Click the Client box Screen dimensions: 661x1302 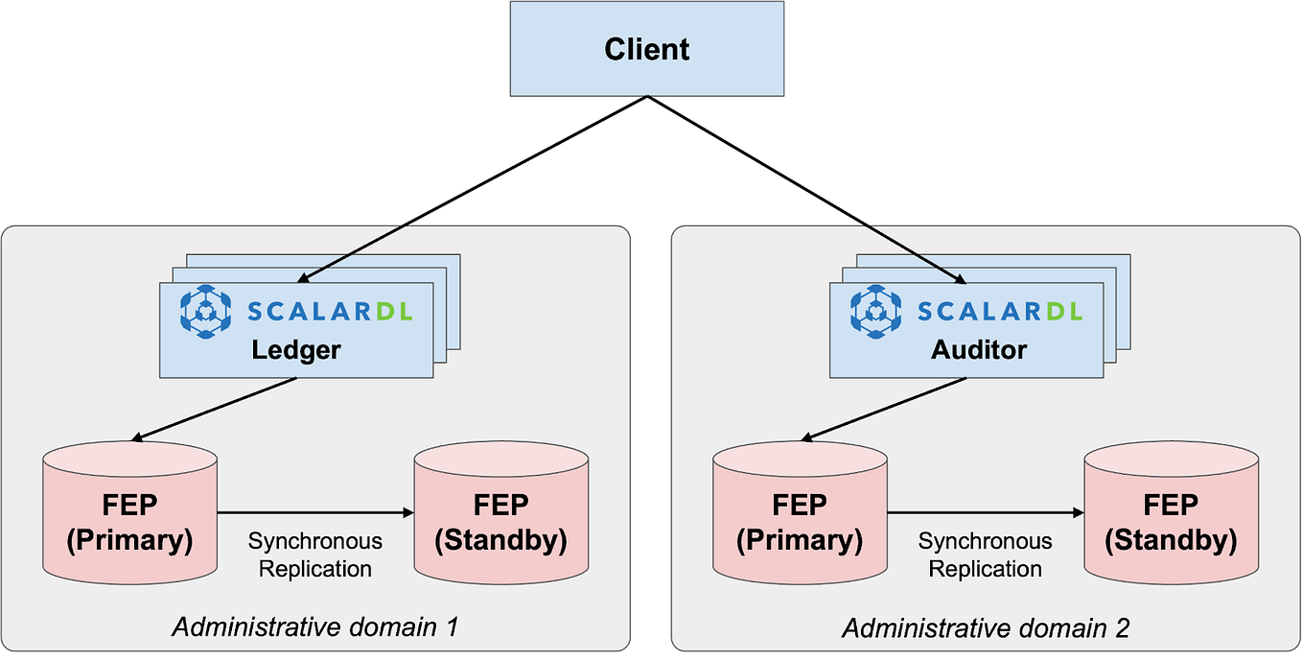[646, 49]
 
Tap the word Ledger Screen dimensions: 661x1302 [295, 349]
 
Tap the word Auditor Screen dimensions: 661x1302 [978, 349]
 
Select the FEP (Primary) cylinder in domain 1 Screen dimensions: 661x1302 [129, 518]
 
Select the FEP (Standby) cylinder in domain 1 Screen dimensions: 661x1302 [500, 518]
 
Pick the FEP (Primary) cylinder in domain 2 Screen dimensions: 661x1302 [800, 518]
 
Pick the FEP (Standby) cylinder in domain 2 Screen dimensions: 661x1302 [1171, 518]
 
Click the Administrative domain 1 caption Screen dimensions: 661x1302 [314, 628]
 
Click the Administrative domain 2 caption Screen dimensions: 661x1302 [985, 628]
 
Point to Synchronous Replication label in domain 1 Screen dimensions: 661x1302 [314, 555]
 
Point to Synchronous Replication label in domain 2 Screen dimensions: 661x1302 [985, 555]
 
